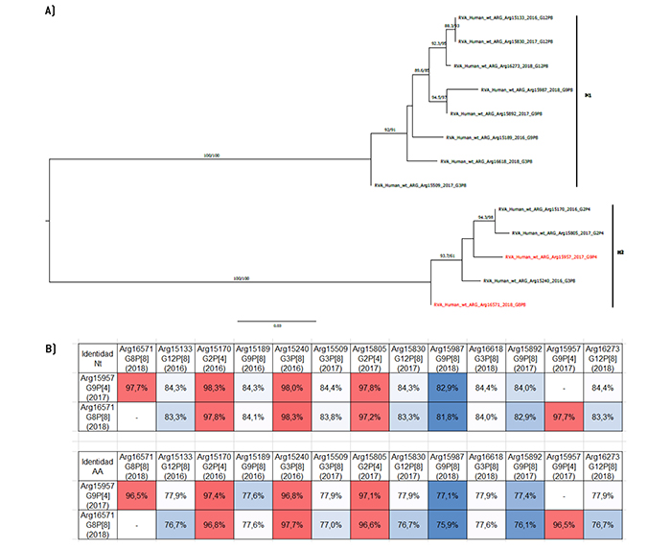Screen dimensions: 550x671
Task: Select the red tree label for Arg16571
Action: pyautogui.click(x=478, y=304)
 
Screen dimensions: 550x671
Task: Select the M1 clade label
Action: pyautogui.click(x=588, y=96)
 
